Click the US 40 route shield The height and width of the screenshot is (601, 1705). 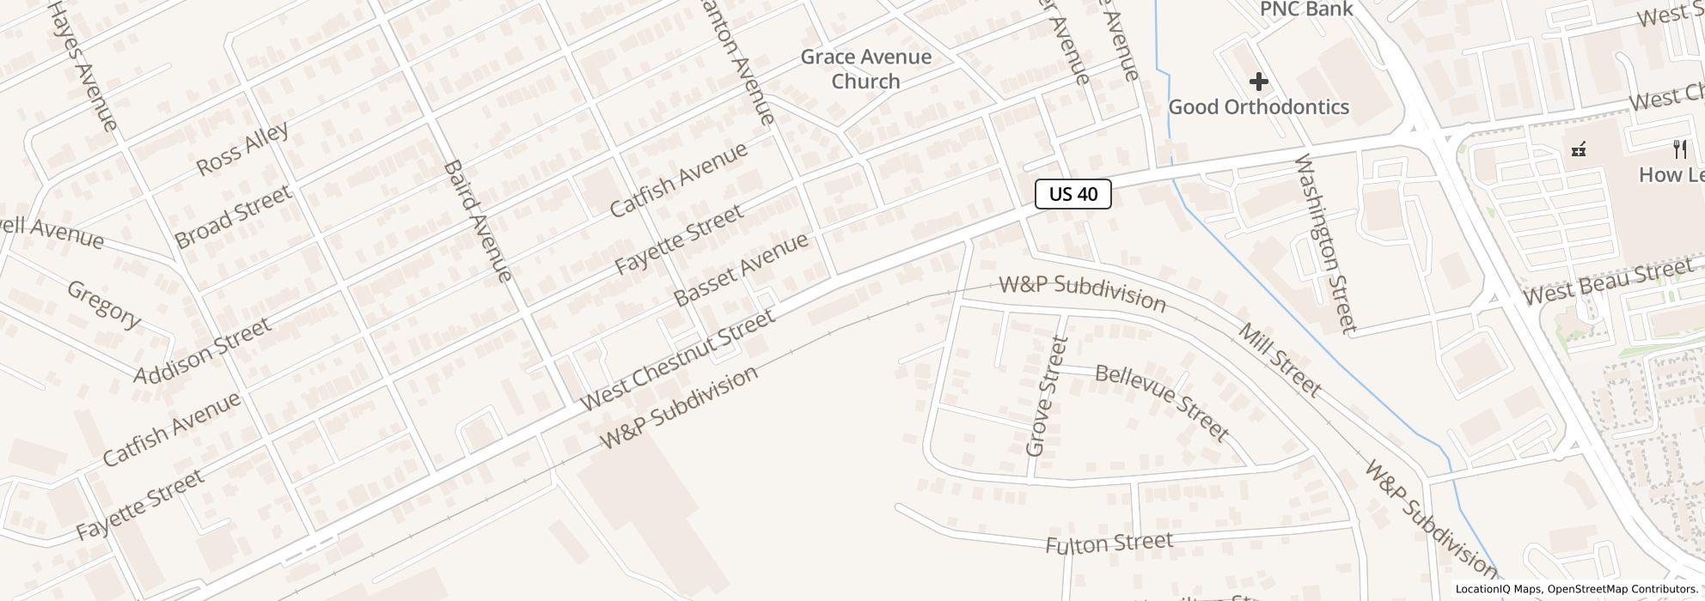pos(1073,194)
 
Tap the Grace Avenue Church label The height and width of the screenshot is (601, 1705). pos(865,69)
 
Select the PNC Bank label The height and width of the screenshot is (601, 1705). pos(1305,9)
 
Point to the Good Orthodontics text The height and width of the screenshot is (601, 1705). pos(1258,107)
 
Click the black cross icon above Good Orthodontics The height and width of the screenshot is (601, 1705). pos(1258,82)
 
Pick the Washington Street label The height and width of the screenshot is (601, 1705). pos(1324,243)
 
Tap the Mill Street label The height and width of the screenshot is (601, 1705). pos(1280,359)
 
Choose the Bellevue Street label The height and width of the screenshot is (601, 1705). pos(1162,401)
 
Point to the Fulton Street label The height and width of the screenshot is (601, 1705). pos(1109,543)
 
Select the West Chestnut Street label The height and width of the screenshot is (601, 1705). pos(677,361)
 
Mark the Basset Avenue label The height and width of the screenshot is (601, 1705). pos(741,268)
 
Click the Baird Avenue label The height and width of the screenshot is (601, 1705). pos(478,221)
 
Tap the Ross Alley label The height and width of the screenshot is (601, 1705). pos(242,149)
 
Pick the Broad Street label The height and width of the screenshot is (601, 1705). pos(232,216)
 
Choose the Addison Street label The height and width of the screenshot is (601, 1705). pos(203,349)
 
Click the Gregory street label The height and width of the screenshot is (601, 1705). pos(104,304)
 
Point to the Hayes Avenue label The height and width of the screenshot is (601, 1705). pos(82,65)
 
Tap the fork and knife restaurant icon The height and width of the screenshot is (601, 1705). pos(1679,149)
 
